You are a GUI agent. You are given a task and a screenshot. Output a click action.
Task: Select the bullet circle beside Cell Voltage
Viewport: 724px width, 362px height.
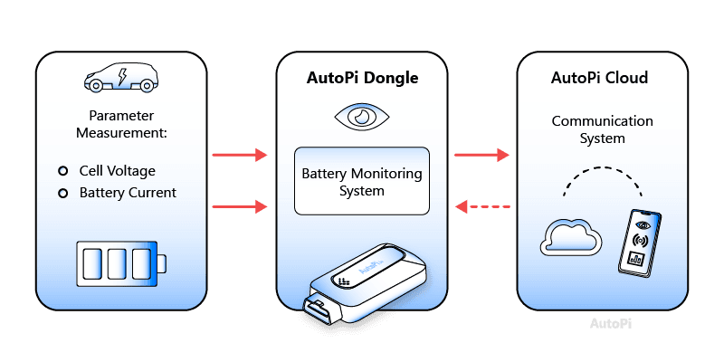coord(62,171)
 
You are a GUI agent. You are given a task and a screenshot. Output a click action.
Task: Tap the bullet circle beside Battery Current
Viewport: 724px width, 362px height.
coord(62,193)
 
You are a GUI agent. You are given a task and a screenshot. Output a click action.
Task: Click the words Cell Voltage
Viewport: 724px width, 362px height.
coord(117,171)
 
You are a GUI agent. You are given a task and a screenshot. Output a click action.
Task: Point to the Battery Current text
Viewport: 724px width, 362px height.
coord(128,193)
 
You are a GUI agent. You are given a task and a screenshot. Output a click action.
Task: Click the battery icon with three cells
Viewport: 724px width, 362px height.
coord(122,263)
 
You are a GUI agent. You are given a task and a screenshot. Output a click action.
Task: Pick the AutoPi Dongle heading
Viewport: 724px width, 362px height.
coord(362,78)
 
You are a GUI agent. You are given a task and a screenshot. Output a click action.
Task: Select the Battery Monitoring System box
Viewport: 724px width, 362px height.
coord(362,181)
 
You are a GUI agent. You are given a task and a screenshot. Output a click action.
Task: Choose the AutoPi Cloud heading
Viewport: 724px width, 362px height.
coord(599,78)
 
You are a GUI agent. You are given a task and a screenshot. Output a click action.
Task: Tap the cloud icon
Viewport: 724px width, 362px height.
coord(570,237)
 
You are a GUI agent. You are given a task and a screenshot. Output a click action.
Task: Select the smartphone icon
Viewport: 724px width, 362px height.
coord(640,242)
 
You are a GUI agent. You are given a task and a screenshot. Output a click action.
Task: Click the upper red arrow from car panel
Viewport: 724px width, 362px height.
coord(240,156)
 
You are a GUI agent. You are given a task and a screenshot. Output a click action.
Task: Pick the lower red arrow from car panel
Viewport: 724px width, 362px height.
coord(240,207)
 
